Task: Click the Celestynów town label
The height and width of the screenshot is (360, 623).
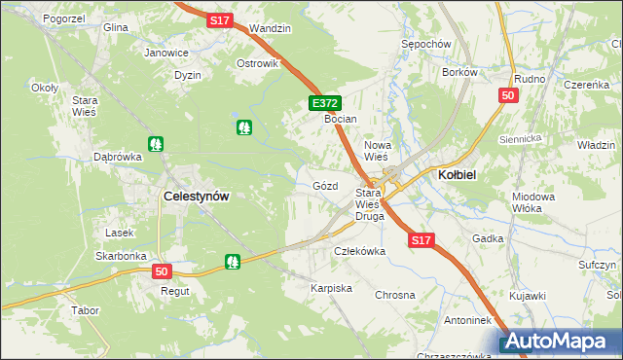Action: [197, 196]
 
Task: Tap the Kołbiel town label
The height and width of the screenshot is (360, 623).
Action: [456, 173]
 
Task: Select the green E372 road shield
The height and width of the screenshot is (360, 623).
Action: [325, 102]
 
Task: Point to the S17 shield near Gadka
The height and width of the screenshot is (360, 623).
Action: [421, 239]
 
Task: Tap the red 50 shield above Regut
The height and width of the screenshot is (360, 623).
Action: [162, 271]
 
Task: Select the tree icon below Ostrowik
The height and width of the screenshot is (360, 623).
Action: [243, 126]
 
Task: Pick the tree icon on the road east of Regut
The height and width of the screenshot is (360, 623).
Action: [232, 261]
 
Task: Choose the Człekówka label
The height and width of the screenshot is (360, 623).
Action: [360, 250]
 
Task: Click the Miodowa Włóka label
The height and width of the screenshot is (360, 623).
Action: [532, 202]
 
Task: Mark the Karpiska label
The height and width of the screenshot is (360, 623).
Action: [331, 289]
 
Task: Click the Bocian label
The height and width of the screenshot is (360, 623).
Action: [342, 119]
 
